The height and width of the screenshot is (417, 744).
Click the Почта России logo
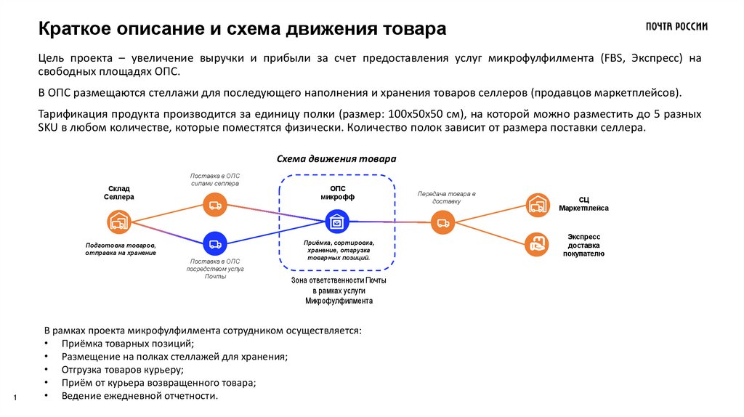point(676,27)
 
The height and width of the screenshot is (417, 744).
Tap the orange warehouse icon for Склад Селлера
point(118,222)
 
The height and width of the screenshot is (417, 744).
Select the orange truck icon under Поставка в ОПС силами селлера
point(215,206)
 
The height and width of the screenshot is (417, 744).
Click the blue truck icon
point(215,242)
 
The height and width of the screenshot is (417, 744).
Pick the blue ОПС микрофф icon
point(337,220)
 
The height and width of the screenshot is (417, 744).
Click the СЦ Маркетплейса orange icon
point(538,206)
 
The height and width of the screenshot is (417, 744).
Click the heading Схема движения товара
point(336,158)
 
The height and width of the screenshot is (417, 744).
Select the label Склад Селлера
point(118,193)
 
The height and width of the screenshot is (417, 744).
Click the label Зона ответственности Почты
point(339,280)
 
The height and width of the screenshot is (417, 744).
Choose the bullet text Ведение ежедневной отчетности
point(140,395)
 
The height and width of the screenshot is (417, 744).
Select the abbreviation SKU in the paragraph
point(48,126)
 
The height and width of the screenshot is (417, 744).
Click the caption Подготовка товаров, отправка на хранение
point(120,249)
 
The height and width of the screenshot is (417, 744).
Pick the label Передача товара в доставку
point(445,198)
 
